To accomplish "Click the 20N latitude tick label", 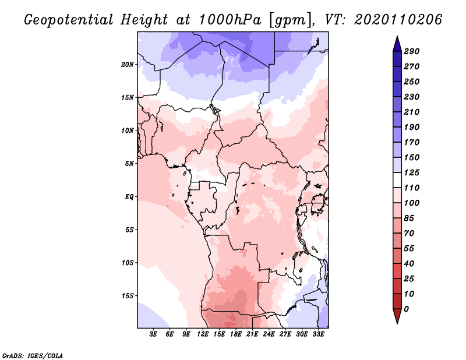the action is pyautogui.click(x=128, y=65).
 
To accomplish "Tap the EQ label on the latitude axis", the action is pyautogui.click(x=129, y=197).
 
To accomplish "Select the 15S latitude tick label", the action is pyautogui.click(x=128, y=296).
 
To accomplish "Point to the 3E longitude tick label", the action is pyautogui.click(x=153, y=334).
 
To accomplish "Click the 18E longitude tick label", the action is pyautogui.click(x=236, y=334).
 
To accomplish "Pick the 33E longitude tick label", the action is pyautogui.click(x=318, y=334).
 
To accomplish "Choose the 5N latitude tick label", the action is pyautogui.click(x=129, y=164).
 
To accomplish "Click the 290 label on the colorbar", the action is pyautogui.click(x=412, y=51).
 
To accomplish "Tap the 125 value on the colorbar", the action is pyautogui.click(x=412, y=172).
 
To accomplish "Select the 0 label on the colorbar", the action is pyautogui.click(x=407, y=309).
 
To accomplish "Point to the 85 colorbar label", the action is pyautogui.click(x=409, y=218).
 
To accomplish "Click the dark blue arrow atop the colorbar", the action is pyautogui.click(x=397, y=44).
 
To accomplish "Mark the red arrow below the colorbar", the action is pyautogui.click(x=397, y=316).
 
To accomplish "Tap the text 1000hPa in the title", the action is pyautogui.click(x=230, y=20).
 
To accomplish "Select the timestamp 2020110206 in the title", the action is pyautogui.click(x=398, y=20).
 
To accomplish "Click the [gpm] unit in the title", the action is pyautogui.click(x=291, y=20).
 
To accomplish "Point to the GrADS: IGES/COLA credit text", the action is pyautogui.click(x=33, y=356).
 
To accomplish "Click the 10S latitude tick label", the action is pyautogui.click(x=128, y=263).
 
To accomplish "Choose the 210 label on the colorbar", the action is pyautogui.click(x=412, y=112).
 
